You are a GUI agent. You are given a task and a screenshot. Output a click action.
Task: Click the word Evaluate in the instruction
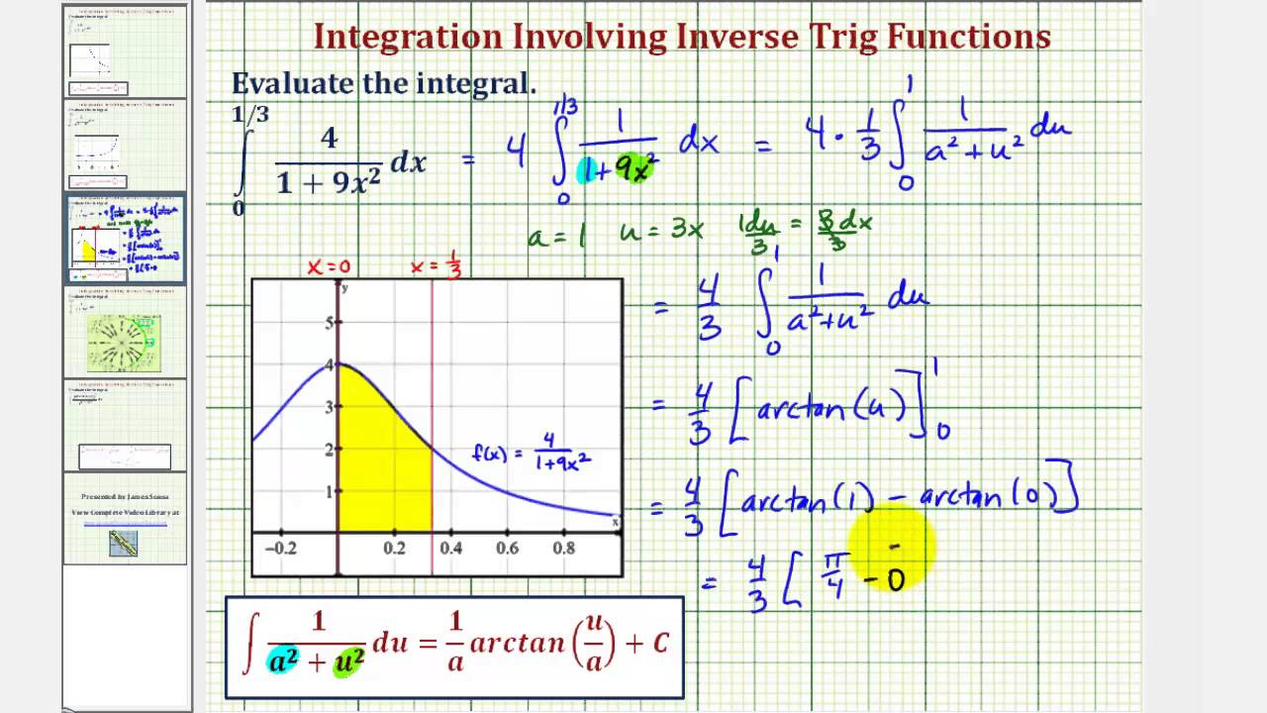click(291, 84)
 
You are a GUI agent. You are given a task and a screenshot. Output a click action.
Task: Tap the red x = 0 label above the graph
click(329, 267)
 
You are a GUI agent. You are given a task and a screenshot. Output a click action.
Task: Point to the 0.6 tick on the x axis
click(507, 548)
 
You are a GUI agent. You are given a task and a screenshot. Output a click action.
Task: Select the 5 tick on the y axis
click(329, 323)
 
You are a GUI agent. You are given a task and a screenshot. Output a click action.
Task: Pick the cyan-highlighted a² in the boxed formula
click(284, 661)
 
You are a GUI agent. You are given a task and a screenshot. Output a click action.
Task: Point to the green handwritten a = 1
click(556, 235)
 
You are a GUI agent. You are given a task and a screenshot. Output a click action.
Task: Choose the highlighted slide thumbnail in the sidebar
click(125, 239)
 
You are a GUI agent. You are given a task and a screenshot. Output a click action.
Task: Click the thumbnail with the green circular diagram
click(125, 333)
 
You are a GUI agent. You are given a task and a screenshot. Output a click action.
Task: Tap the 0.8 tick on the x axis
click(564, 548)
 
